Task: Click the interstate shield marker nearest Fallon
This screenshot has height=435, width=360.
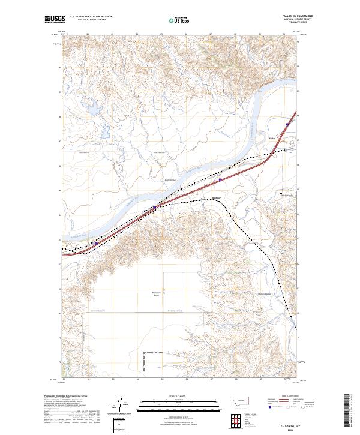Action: click(287, 124)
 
